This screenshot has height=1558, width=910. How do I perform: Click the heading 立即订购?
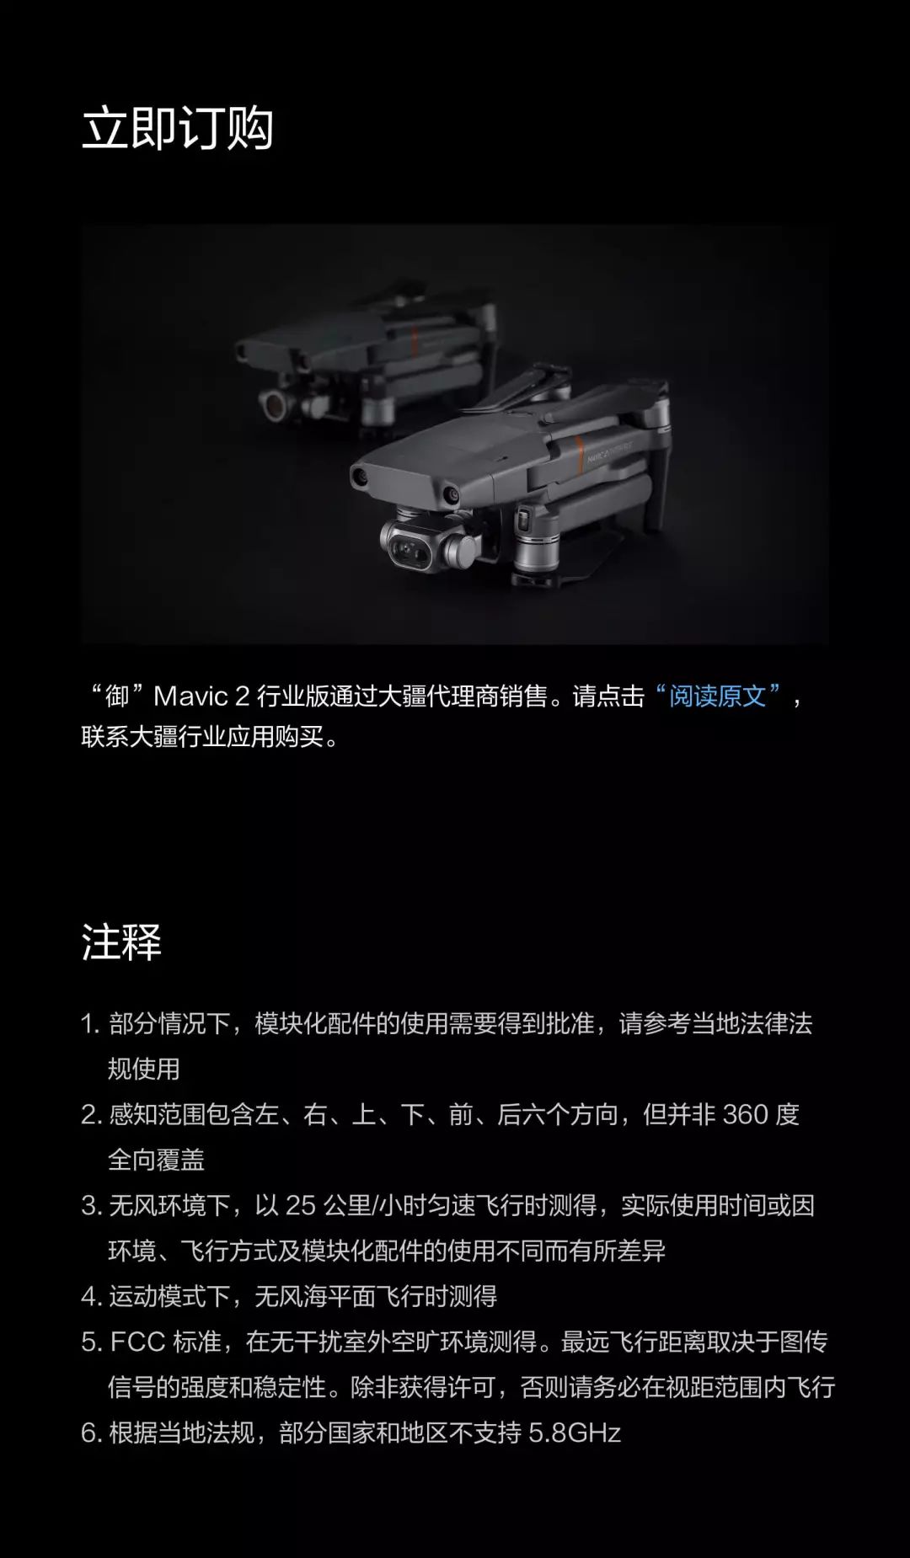pos(178,128)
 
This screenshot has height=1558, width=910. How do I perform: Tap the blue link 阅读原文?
pos(718,696)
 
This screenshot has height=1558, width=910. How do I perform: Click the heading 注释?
pos(121,942)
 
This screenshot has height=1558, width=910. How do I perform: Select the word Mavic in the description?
pos(191,696)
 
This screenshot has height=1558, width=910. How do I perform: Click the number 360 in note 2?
pos(746,1114)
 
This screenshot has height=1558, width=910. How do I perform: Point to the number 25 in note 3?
pos(300,1205)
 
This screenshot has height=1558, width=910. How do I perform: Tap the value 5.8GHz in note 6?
pos(575,1433)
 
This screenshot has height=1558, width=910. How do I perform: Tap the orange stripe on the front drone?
pos(580,456)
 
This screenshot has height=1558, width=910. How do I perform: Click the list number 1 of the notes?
pos(89,1024)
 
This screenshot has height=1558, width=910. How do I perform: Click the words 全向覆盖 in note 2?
pos(157,1160)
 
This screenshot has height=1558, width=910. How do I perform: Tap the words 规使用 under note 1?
pos(144,1069)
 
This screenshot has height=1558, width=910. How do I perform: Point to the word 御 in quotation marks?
pos(117,696)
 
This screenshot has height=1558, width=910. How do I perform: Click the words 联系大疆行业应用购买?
pos(202,737)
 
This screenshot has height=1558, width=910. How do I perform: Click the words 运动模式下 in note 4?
pos(169,1296)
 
